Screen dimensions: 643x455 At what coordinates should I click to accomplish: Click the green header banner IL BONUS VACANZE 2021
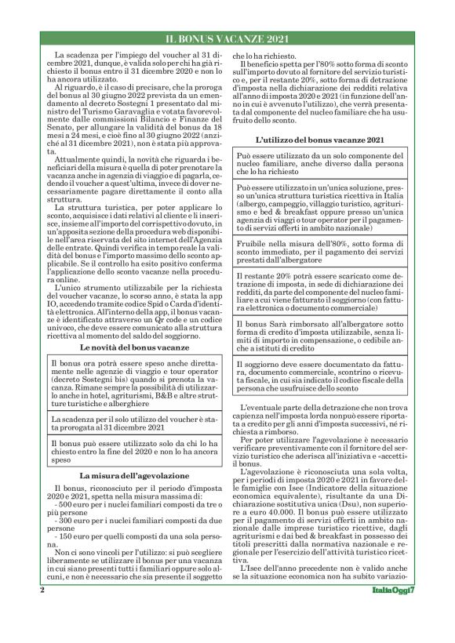[x=227, y=38]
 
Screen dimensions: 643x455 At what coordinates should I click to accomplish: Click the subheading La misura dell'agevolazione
[x=133, y=475]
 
